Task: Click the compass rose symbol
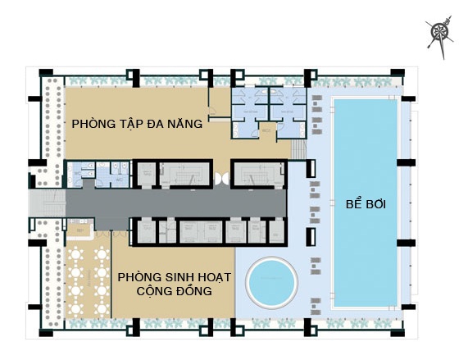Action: [x=442, y=33]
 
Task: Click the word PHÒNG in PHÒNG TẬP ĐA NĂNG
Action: [x=92, y=125]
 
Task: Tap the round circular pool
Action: [x=273, y=281]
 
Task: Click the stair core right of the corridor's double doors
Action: [x=257, y=174]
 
